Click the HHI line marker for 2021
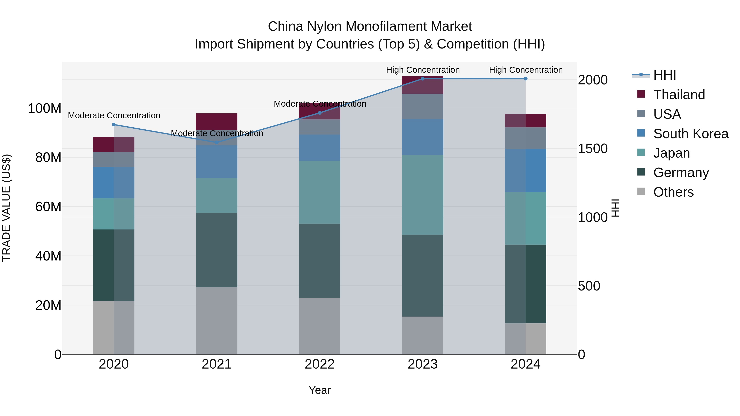(x=217, y=142)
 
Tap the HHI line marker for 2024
(x=525, y=79)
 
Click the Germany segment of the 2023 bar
(x=423, y=276)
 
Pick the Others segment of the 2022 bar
(x=319, y=326)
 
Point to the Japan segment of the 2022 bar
(x=319, y=192)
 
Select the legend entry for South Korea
(x=691, y=134)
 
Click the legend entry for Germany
(x=681, y=173)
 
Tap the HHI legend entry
(x=664, y=75)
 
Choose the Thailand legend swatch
(x=641, y=94)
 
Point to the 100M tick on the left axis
(x=45, y=108)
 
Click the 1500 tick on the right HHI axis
(x=592, y=149)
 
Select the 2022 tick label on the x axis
(x=319, y=364)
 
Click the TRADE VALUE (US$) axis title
(x=6, y=208)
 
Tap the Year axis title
(x=319, y=390)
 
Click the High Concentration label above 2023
(x=423, y=70)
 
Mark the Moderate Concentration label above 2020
(x=114, y=115)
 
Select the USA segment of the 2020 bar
(x=114, y=160)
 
